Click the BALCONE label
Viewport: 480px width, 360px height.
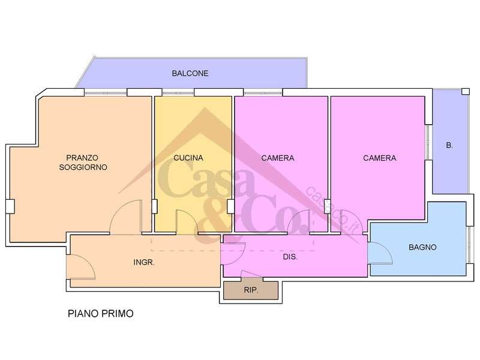pos(190,73)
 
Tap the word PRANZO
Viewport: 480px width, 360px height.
pos(82,158)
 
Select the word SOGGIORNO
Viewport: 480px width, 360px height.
pos(83,167)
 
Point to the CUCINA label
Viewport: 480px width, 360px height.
pos(188,158)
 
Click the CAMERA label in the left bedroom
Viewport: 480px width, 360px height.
pos(278,158)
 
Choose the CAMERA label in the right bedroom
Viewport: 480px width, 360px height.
pos(380,158)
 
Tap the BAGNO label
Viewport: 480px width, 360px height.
pos(422,247)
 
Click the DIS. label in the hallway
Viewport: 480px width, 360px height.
pos(290,257)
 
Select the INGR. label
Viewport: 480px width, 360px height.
pos(144,262)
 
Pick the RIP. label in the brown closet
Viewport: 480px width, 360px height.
pos(251,290)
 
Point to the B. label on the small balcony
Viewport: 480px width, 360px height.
pos(449,146)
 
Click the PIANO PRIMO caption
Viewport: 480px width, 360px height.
pos(101,314)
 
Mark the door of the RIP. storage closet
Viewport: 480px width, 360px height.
pos(251,274)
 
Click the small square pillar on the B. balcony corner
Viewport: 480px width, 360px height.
pos(466,91)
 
